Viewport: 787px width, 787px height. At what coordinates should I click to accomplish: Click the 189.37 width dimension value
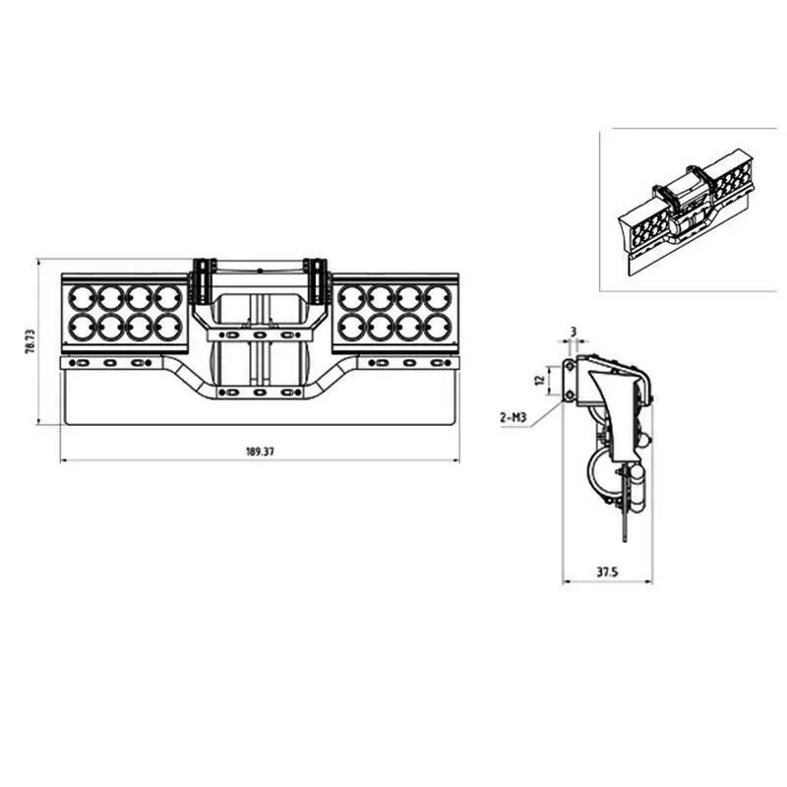click(260, 452)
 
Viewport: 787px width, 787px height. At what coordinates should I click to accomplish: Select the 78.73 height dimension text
click(31, 342)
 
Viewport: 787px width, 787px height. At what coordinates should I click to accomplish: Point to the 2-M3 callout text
click(514, 418)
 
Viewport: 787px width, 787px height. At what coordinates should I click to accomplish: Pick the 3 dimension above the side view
click(573, 333)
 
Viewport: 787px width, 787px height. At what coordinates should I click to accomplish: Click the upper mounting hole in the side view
click(570, 367)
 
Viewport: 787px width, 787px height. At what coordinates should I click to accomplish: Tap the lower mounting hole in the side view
click(570, 396)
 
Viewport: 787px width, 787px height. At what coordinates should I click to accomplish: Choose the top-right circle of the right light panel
click(437, 296)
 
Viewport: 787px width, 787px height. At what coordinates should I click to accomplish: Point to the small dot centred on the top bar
click(260, 269)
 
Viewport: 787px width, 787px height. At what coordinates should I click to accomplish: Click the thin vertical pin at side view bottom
click(623, 521)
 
